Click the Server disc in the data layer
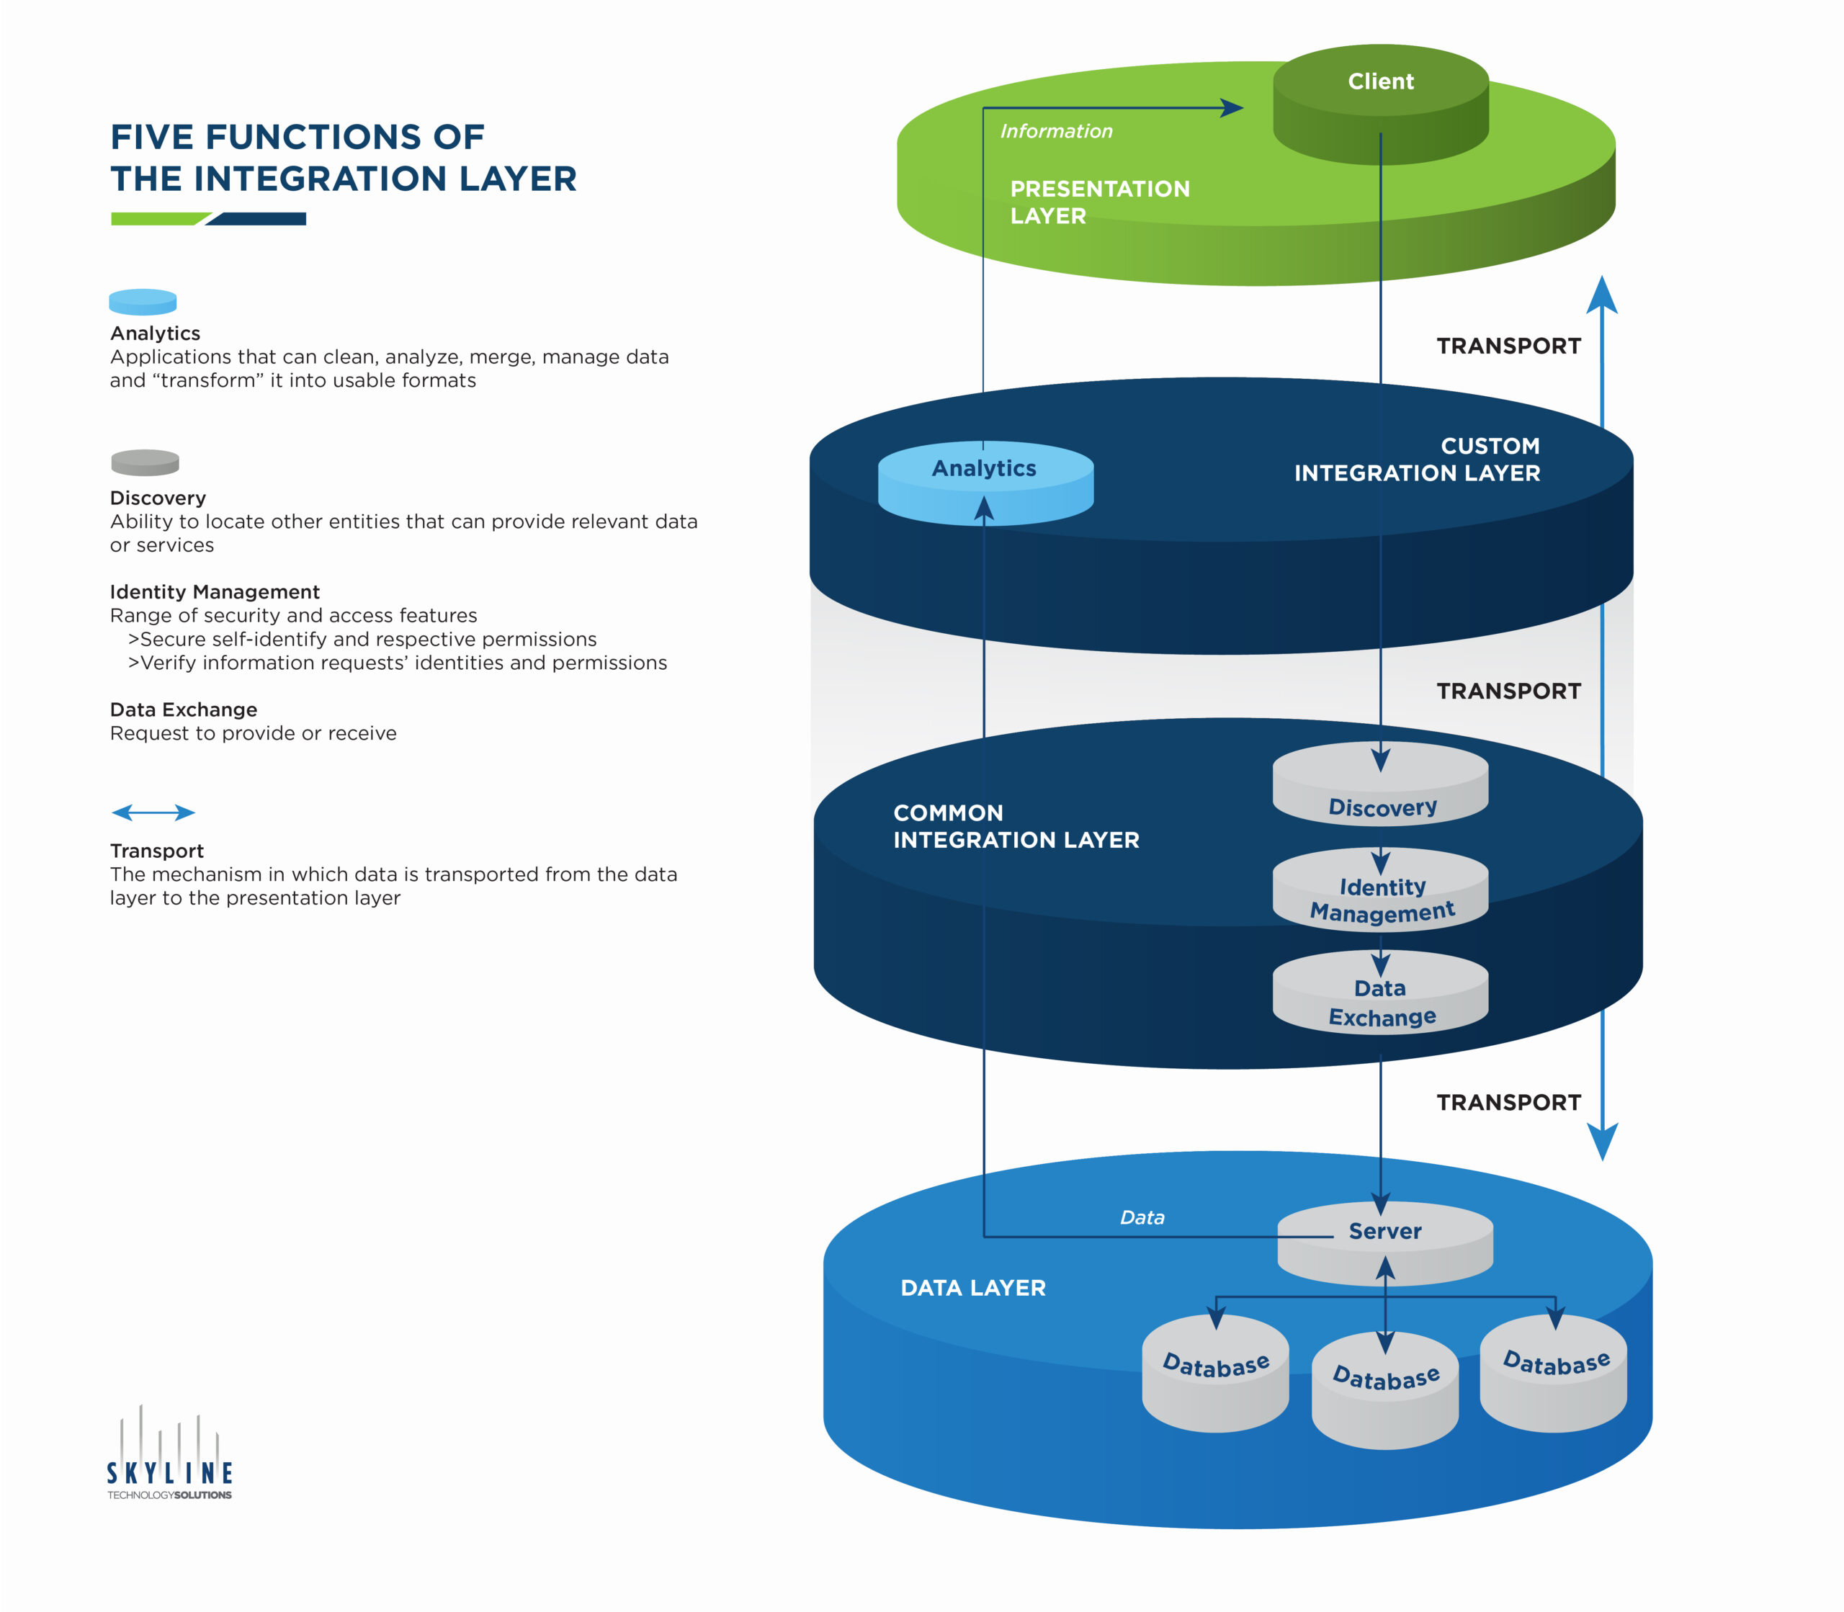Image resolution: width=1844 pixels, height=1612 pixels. pos(1385,1241)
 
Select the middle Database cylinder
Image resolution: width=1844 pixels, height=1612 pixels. pos(1385,1390)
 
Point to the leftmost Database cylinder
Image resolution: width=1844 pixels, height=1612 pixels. pos(1215,1374)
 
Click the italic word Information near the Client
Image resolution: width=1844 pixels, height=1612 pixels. pos(1056,131)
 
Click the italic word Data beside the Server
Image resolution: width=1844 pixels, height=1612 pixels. pos(1142,1217)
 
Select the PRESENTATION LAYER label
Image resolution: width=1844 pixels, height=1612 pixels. pos(1099,202)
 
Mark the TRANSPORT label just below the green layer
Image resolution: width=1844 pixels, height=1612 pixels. pos(1508,346)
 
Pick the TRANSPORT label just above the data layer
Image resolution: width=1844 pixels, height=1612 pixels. pos(1508,1102)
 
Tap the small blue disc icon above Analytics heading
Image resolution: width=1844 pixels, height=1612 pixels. pos(142,301)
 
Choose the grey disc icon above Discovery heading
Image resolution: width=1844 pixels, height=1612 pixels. pos(145,462)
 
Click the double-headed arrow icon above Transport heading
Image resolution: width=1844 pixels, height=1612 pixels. pos(153,812)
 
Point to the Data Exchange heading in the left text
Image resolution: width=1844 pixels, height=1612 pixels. pos(184,709)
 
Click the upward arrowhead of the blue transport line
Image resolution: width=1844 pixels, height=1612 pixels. pos(1601,295)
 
